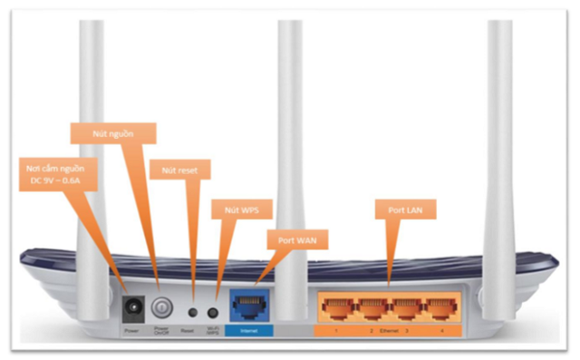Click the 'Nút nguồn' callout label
coord(113,132)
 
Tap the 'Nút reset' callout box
coord(179,170)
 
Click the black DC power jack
coord(132,306)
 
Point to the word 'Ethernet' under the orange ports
coord(388,332)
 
